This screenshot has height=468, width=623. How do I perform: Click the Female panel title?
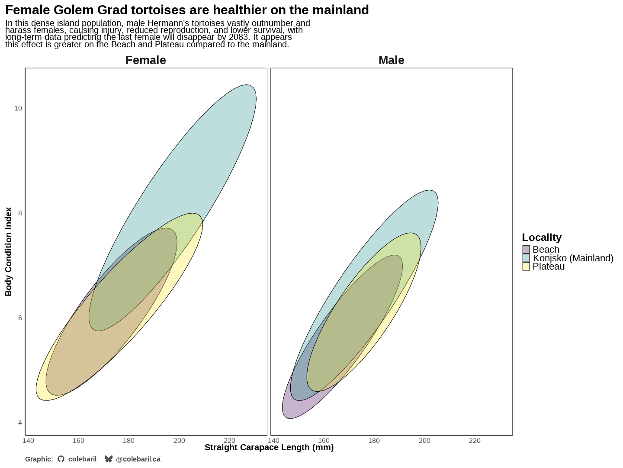point(145,60)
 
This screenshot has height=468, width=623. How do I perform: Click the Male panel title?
point(391,60)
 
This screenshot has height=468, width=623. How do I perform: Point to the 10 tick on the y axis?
point(18,108)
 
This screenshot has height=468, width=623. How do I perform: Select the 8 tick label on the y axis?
point(20,213)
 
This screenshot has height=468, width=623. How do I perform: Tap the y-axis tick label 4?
point(20,423)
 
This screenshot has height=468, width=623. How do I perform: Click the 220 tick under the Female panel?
point(229,441)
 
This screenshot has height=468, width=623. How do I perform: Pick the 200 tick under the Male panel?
point(424,441)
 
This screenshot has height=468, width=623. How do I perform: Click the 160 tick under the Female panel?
point(78,441)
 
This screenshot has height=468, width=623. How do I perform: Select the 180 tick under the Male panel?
point(374,441)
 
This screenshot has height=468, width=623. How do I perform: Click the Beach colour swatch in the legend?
point(526,250)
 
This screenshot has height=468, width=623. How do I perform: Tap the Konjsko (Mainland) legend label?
point(573,258)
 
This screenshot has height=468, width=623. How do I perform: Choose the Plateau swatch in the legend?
point(526,266)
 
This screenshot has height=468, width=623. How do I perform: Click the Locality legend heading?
point(542,237)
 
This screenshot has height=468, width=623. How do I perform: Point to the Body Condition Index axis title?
point(9,252)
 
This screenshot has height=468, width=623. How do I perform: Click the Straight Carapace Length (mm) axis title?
point(269,448)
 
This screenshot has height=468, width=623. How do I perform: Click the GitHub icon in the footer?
point(61,459)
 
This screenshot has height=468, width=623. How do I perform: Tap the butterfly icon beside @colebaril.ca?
point(109,459)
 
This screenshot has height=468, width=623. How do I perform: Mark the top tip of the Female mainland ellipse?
point(247,85)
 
